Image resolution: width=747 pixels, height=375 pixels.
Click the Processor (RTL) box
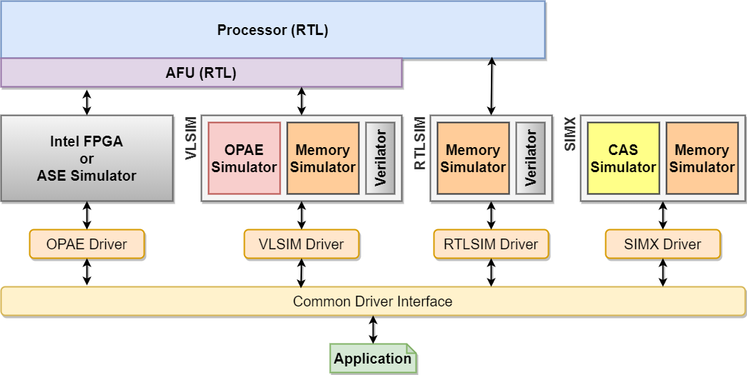[273, 30]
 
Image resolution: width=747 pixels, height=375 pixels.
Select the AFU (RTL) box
[201, 73]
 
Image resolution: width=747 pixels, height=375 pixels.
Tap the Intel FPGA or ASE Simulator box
[87, 158]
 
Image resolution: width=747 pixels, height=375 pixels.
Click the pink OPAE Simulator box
[244, 158]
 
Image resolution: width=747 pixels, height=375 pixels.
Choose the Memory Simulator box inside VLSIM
[323, 158]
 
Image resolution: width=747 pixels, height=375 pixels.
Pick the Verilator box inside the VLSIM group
[381, 158]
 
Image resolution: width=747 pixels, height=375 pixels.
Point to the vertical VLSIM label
[191, 138]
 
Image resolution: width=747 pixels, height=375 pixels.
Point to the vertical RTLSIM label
[420, 144]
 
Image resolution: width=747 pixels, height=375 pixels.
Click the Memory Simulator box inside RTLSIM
[473, 158]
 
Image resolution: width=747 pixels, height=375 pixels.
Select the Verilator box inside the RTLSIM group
[531, 158]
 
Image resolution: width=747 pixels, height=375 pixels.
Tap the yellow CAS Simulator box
[623, 158]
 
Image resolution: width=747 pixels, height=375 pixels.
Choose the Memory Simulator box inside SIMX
[702, 158]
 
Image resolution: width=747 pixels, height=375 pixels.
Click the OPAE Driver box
[87, 244]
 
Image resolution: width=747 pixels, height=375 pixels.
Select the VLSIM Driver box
[301, 244]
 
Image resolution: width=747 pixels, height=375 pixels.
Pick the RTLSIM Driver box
[491, 244]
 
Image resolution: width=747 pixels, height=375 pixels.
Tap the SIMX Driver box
[663, 244]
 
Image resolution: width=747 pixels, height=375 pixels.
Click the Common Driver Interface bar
[373, 301]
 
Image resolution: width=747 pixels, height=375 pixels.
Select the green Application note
[373, 359]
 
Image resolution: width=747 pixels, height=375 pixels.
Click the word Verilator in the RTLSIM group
[531, 158]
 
